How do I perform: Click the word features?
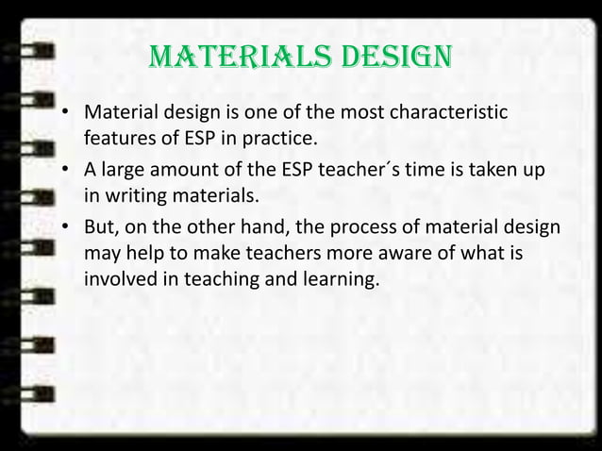coord(119,142)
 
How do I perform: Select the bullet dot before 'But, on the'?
coord(66,229)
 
